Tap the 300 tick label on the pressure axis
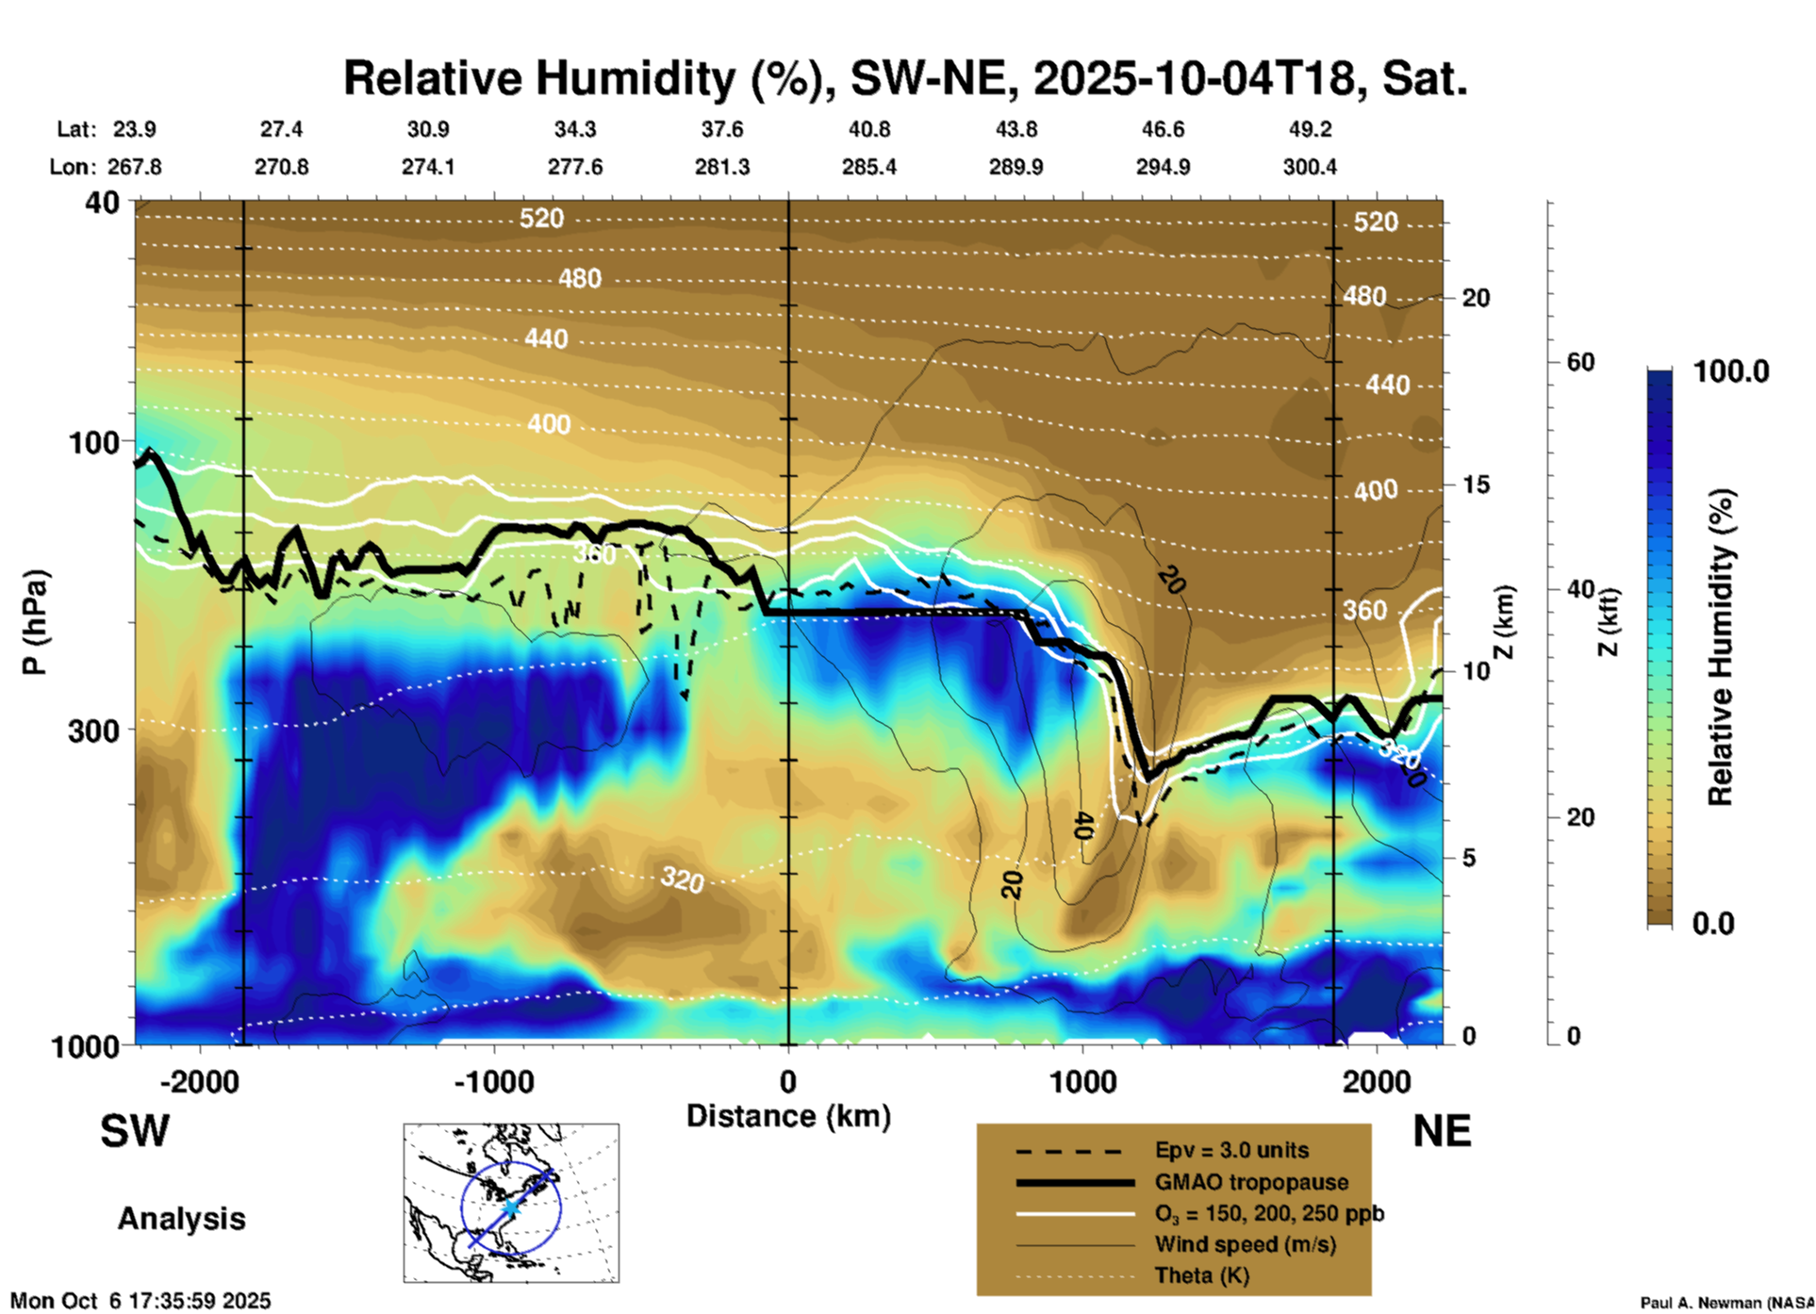93,731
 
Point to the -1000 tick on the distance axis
493,1081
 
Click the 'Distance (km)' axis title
788,1116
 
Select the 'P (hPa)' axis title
34,621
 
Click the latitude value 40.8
868,129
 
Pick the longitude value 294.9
1163,167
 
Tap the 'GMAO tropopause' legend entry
1251,1182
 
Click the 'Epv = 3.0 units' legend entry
1231,1150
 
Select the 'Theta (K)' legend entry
1201,1275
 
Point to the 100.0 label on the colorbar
1731,371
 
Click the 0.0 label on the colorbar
1713,923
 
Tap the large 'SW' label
135,1131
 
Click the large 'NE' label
1442,1131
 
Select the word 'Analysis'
181,1219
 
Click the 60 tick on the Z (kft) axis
1580,362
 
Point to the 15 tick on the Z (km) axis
1476,485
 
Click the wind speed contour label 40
1082,826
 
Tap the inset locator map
511,1202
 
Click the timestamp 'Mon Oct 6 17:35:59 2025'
140,1301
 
